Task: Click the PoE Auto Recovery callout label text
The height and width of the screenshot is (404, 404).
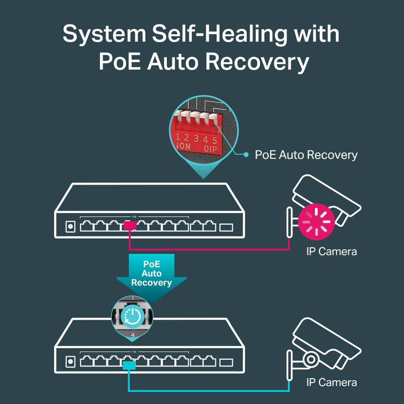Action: tap(306, 155)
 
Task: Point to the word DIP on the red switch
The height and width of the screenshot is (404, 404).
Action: tap(210, 149)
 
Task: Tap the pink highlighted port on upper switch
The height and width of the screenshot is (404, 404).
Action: tap(130, 226)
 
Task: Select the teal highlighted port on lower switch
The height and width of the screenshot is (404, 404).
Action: tap(129, 365)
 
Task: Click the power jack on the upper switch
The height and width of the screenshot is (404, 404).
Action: tap(70, 227)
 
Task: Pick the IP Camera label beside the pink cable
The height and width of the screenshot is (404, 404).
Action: tap(331, 251)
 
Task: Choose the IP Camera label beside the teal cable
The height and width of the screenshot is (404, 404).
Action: tap(331, 382)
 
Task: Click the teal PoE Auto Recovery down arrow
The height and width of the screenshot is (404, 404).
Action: tap(151, 275)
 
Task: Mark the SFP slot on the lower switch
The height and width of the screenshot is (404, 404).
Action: tap(226, 362)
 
